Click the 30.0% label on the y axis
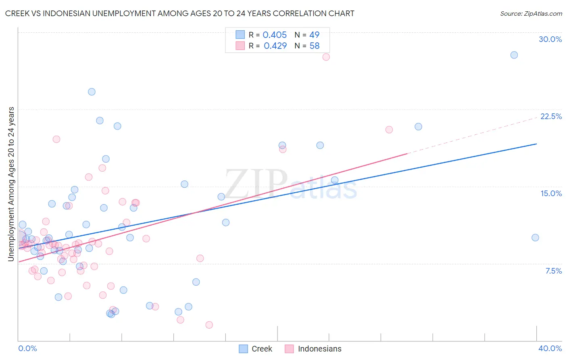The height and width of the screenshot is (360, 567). point(550,40)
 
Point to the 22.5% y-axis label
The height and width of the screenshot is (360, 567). point(551,117)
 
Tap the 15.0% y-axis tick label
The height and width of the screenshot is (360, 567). point(551,194)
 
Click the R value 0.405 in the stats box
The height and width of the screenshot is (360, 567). point(275,35)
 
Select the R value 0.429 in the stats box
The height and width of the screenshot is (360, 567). point(275,46)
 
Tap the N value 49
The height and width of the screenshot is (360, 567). point(314,35)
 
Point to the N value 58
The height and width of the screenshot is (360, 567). point(314,46)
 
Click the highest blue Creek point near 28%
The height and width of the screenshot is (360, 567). point(514,55)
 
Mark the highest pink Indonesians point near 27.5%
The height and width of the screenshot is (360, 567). point(326,57)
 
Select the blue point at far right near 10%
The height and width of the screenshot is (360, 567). point(535,238)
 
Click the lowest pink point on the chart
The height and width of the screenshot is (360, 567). point(209,325)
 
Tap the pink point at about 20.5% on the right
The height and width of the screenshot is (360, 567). point(389,130)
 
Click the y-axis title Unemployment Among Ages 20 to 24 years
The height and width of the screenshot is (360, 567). point(11,184)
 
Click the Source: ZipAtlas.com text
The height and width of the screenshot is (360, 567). point(531,14)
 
